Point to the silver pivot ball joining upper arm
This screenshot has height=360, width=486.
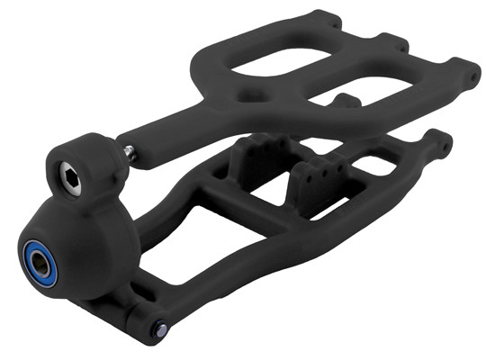131,154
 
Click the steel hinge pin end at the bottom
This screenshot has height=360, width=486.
163,327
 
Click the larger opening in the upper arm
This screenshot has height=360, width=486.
278,66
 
